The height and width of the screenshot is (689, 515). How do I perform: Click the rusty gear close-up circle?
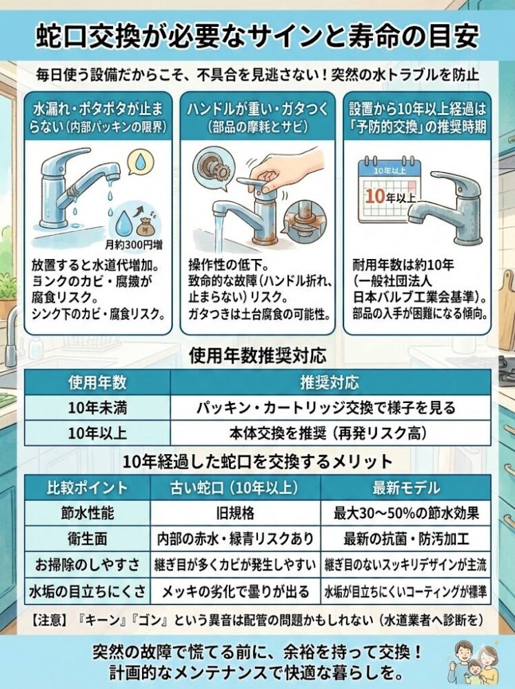207,167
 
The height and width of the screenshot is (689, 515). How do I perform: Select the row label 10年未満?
97,407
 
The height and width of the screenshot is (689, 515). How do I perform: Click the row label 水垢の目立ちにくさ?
88,590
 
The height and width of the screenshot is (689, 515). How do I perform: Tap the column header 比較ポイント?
88,488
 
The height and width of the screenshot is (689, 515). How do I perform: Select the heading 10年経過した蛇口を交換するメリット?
257,461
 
